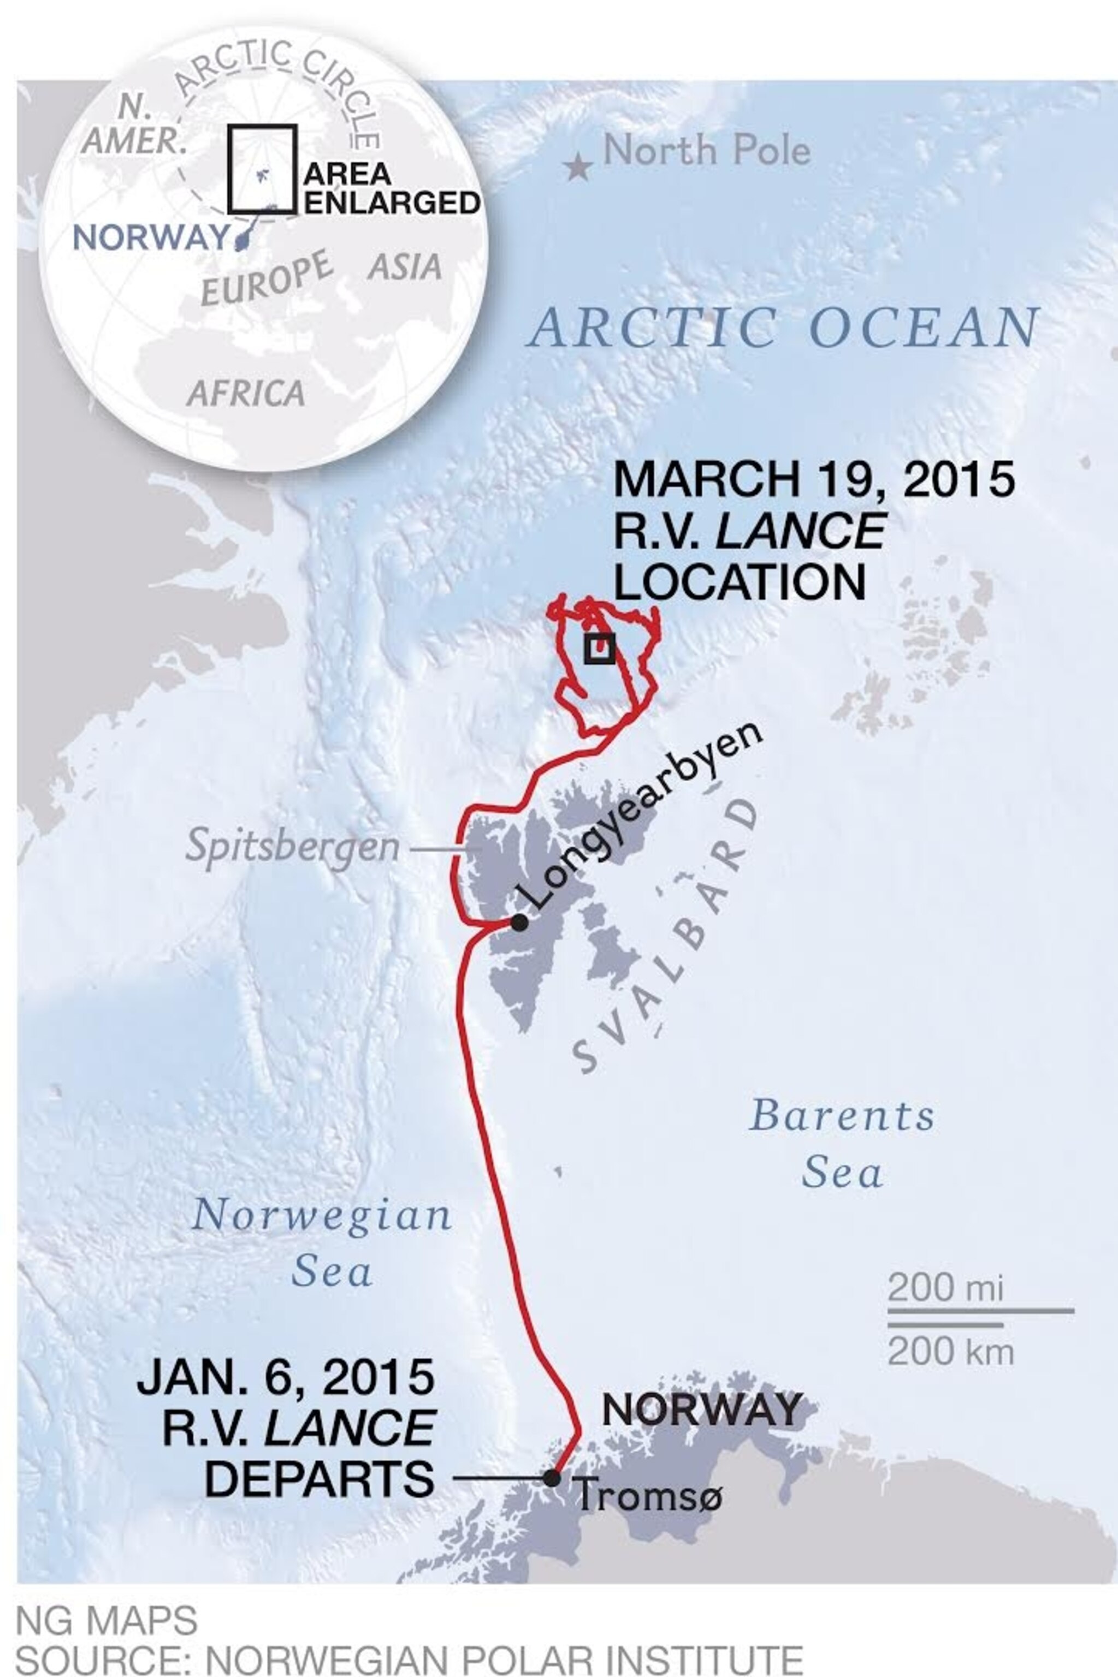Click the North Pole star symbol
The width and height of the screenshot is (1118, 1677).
pos(577,168)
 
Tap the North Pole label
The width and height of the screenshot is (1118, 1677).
pos(707,151)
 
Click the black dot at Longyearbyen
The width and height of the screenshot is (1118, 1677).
pos(520,922)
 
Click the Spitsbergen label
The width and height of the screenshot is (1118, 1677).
pos(292,847)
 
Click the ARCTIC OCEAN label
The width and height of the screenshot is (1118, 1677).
pos(783,329)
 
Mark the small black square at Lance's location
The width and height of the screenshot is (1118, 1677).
pos(599,649)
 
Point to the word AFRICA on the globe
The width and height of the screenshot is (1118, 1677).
pos(246,394)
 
